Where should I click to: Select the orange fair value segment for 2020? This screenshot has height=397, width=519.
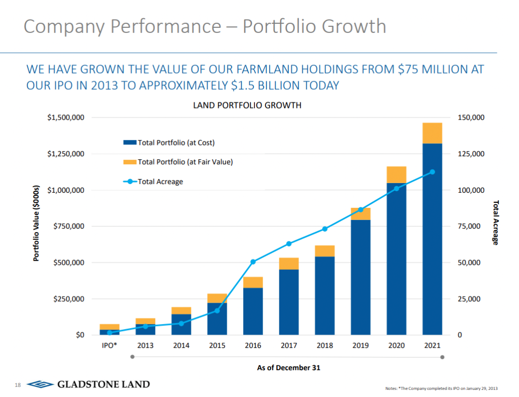coord(396,174)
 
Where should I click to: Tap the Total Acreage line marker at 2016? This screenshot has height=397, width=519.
coord(253,262)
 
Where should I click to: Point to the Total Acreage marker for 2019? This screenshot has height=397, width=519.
coord(360,209)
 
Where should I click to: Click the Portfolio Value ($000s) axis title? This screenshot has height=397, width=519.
coord(36,223)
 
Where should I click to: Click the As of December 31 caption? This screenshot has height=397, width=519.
coord(288,368)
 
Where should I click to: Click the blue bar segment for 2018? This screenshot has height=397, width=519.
coord(324,297)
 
